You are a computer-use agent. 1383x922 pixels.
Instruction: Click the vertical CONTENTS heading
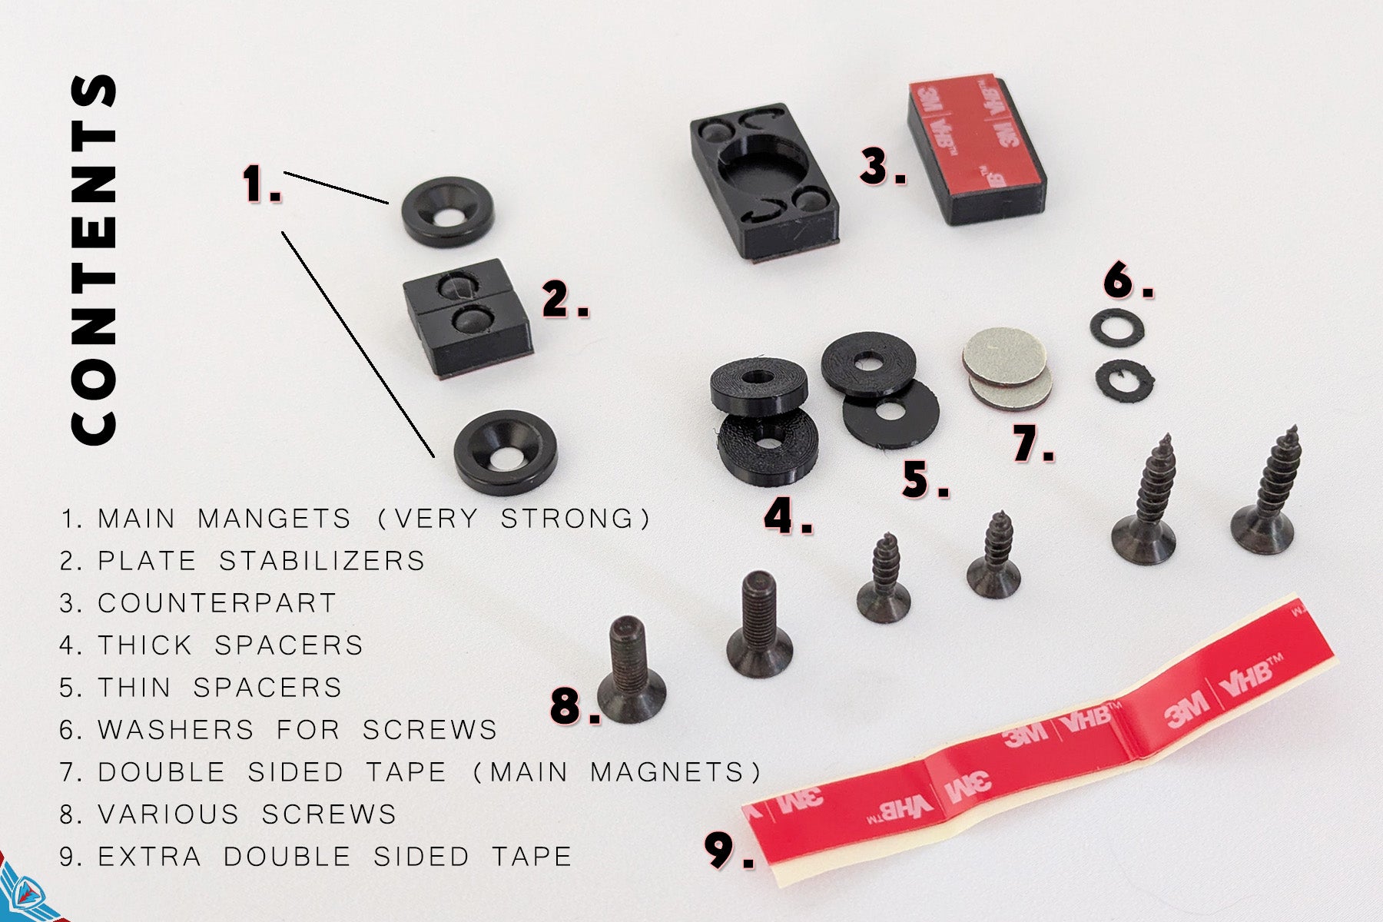pos(94,259)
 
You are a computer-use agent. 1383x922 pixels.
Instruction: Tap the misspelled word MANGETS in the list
pos(274,519)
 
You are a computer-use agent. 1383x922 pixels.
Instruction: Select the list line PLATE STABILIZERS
pos(242,561)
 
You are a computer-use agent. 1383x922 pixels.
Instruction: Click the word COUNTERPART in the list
pos(217,603)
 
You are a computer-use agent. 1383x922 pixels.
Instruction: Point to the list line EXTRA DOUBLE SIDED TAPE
pos(316,856)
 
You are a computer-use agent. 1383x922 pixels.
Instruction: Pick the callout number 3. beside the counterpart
pos(883,167)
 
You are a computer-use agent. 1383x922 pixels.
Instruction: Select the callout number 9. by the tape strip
pos(729,851)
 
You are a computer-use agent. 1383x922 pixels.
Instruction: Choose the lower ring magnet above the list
pos(506,452)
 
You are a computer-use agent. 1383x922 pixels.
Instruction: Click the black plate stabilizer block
pos(468,317)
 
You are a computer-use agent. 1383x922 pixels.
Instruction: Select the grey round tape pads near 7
pos(1007,368)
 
